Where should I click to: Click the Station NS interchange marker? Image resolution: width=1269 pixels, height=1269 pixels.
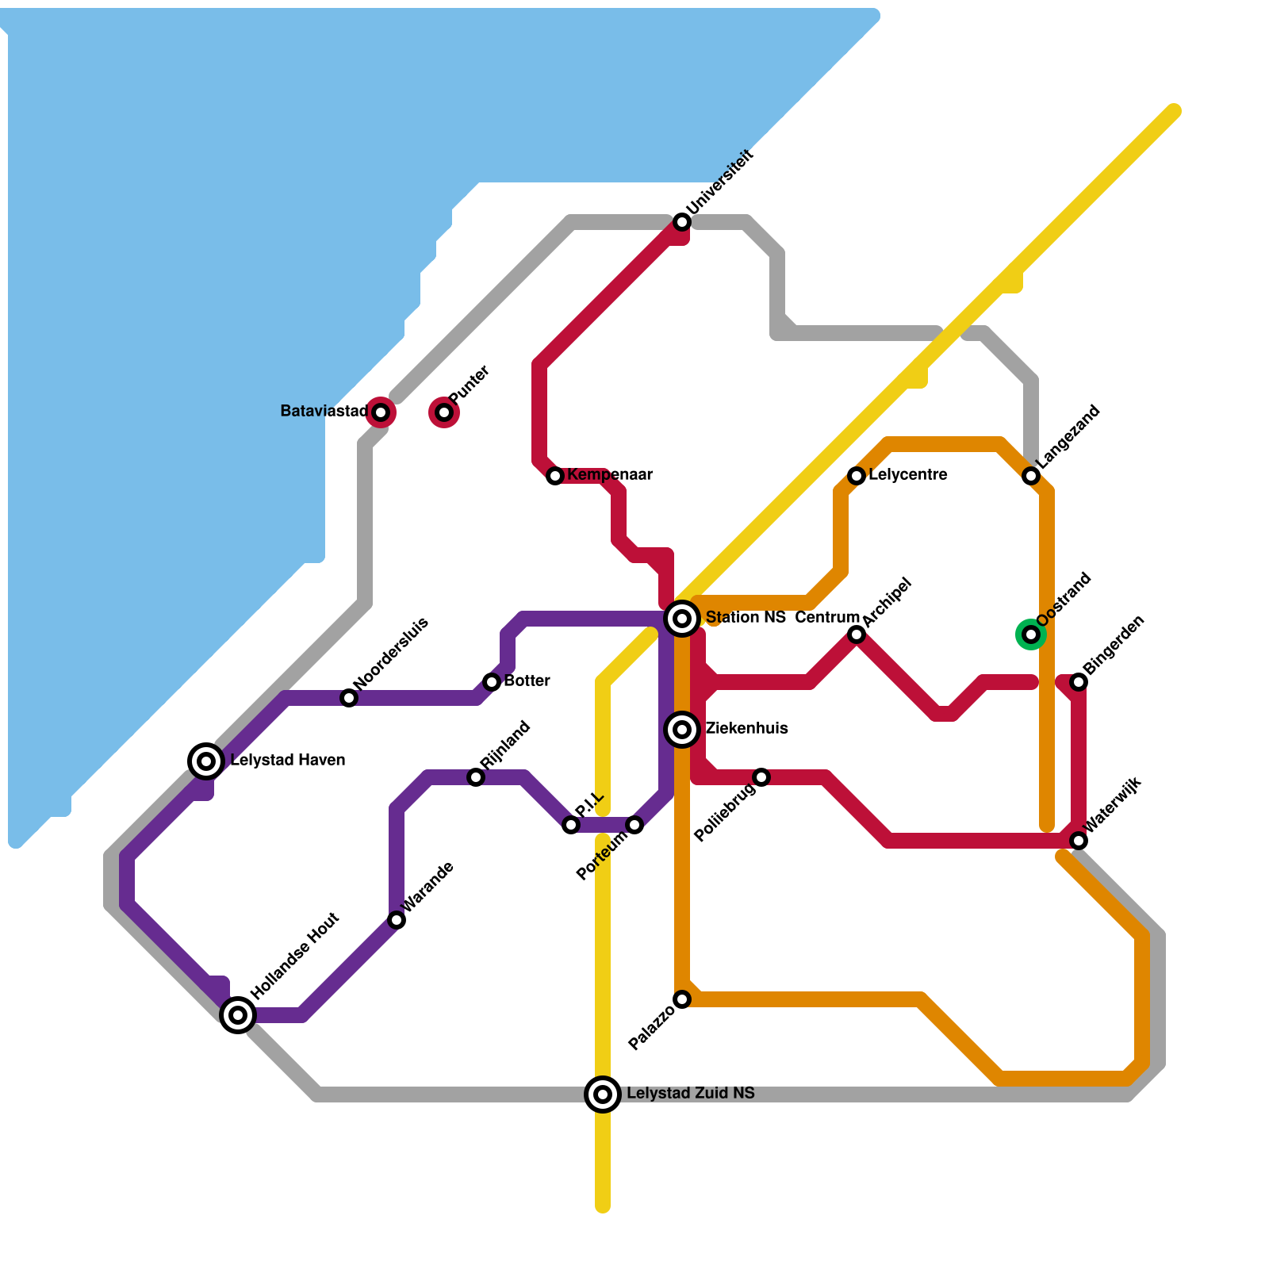682,618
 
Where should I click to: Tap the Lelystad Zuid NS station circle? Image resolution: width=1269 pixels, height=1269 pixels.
603,1095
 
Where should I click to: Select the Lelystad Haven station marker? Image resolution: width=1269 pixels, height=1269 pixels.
206,761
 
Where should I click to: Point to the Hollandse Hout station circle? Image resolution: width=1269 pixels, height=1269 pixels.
238,1014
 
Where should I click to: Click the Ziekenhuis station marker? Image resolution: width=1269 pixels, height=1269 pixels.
682,729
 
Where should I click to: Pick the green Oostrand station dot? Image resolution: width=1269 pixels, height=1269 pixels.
1031,634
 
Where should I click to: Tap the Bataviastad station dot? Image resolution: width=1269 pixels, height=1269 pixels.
381,412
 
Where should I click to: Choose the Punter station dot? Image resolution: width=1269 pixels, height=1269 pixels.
444,412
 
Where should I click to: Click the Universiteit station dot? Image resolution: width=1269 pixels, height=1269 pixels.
682,222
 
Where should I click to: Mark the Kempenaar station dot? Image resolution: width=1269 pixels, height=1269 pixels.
555,476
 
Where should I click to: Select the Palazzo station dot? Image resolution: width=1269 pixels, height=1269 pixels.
682,999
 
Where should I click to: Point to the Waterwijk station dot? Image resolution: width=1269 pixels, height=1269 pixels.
1079,841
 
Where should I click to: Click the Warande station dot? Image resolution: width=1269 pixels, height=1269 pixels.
397,920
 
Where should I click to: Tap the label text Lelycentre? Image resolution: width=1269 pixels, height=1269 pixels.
907,475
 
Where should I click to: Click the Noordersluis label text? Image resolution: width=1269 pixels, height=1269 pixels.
391,654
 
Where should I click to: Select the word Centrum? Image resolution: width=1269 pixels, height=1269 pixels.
827,618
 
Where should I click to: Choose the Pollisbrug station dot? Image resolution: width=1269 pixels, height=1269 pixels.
761,777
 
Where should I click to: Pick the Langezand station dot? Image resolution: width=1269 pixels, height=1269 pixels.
1031,476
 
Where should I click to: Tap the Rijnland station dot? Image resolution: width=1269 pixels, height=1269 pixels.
476,777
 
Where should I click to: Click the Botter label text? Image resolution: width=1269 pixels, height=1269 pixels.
527,681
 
